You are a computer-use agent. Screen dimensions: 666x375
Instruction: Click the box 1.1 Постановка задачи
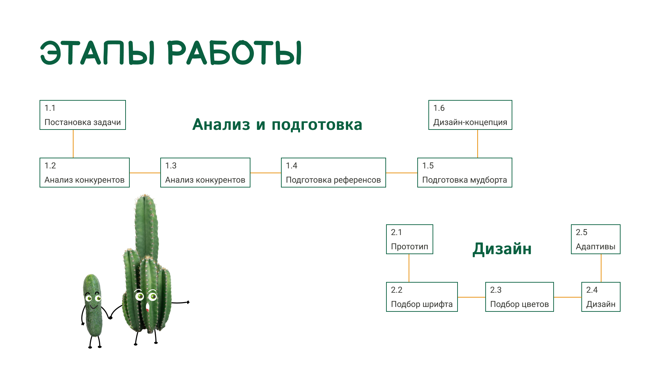[83, 115]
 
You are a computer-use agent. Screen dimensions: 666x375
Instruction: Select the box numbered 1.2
[85, 173]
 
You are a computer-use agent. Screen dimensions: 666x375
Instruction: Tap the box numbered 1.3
[205, 173]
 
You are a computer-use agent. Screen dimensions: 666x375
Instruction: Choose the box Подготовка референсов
[333, 173]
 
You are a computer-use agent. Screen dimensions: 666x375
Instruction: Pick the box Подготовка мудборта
[465, 173]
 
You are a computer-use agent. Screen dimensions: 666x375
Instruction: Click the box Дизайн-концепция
[470, 115]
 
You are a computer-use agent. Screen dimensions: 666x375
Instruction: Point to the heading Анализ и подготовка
[277, 124]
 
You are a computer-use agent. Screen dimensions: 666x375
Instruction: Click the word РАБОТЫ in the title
[235, 53]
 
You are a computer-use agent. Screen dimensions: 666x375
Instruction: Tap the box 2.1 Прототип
[410, 239]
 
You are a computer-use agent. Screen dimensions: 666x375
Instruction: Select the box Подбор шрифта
[422, 297]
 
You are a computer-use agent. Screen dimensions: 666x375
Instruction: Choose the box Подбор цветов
[520, 297]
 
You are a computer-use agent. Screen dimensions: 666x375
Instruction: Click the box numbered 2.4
[601, 297]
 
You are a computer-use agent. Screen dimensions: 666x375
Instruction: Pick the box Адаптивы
[596, 239]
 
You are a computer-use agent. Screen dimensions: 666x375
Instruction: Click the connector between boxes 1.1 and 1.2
[73, 144]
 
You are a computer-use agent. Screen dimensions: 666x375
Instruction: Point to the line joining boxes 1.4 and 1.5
[402, 173]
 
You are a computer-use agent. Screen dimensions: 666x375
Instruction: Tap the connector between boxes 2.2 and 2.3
[472, 297]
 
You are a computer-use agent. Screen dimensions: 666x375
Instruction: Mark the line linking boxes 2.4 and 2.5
[601, 268]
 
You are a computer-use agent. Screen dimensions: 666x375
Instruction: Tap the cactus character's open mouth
[147, 307]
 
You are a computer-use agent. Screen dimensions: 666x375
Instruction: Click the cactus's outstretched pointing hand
[188, 302]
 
